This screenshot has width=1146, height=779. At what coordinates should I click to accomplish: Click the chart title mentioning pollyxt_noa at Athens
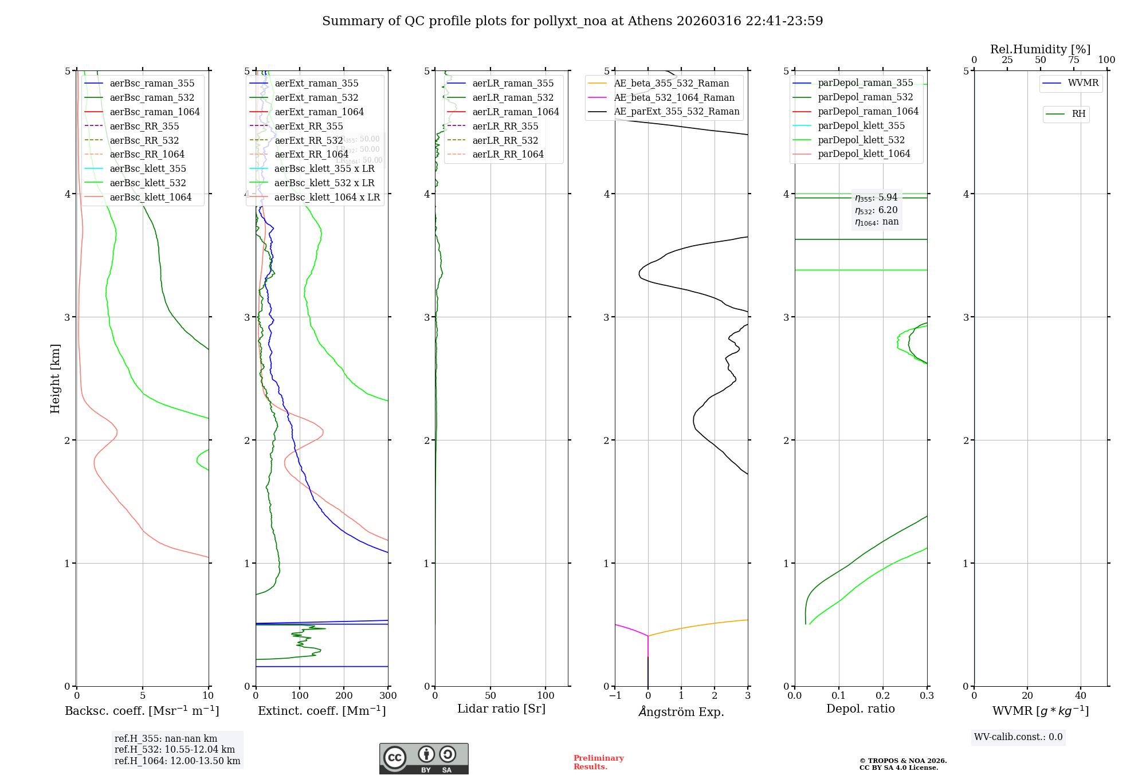click(572, 21)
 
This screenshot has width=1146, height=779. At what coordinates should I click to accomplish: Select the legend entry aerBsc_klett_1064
click(150, 197)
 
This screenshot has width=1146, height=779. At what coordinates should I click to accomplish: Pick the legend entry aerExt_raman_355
click(316, 83)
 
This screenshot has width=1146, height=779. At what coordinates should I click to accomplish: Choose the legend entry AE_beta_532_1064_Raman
click(674, 97)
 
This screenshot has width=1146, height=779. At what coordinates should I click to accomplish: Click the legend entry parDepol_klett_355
click(861, 125)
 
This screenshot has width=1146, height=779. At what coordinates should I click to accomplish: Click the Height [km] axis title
click(55, 378)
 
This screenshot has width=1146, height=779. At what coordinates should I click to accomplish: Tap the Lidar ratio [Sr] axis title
click(501, 709)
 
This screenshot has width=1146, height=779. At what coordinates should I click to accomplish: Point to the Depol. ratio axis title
click(860, 709)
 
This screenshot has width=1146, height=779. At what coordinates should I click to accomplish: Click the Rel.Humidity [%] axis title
click(1040, 49)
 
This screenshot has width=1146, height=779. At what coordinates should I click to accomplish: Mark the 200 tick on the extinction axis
click(344, 695)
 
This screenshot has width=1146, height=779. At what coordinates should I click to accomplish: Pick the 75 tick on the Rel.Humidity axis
click(1073, 60)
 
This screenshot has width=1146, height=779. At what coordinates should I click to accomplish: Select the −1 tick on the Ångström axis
click(615, 695)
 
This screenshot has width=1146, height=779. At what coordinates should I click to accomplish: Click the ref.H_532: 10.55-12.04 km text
click(175, 749)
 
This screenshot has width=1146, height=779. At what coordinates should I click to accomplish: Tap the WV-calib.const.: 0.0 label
click(1018, 737)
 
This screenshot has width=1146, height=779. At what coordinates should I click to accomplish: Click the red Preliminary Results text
click(598, 762)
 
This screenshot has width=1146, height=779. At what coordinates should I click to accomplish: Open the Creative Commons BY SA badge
click(423, 758)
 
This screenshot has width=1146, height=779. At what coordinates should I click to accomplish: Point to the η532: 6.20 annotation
click(876, 210)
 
